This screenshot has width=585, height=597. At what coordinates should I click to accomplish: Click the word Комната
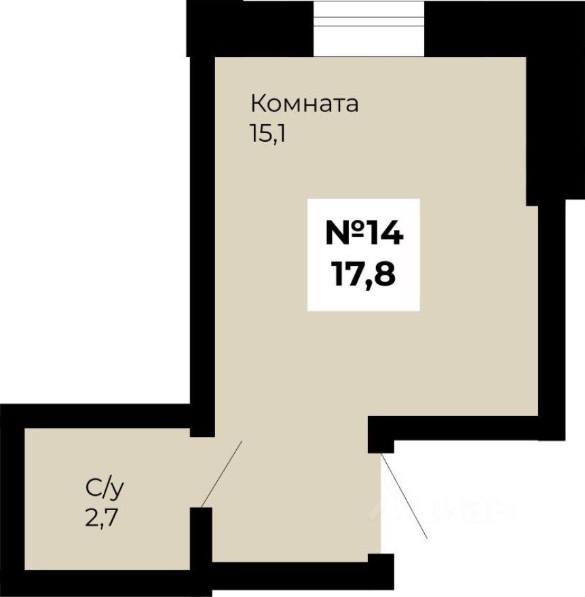pyautogui.click(x=304, y=104)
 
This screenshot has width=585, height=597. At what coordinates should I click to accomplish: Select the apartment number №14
pyautogui.click(x=364, y=233)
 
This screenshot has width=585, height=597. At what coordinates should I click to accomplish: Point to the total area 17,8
pyautogui.click(x=364, y=275)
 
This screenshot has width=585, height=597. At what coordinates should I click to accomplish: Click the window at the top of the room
pyautogui.click(x=369, y=27)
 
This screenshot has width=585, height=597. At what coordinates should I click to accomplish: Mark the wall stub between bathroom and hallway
pyautogui.click(x=201, y=536)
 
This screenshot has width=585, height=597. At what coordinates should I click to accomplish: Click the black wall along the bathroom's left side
pyautogui.click(x=12, y=502)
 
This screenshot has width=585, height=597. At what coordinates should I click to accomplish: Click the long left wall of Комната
pyautogui.click(x=202, y=237)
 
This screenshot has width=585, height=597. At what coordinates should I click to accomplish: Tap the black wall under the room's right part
pyautogui.click(x=468, y=427)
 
